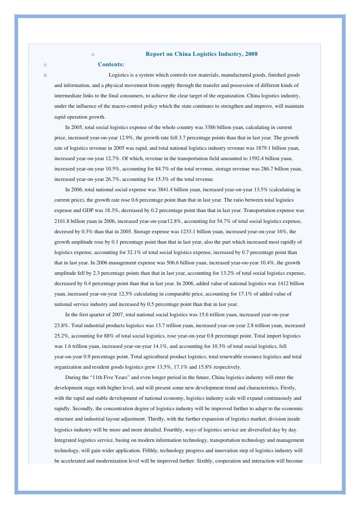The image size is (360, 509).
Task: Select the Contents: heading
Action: point(111,64)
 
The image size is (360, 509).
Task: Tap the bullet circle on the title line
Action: point(93,54)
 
